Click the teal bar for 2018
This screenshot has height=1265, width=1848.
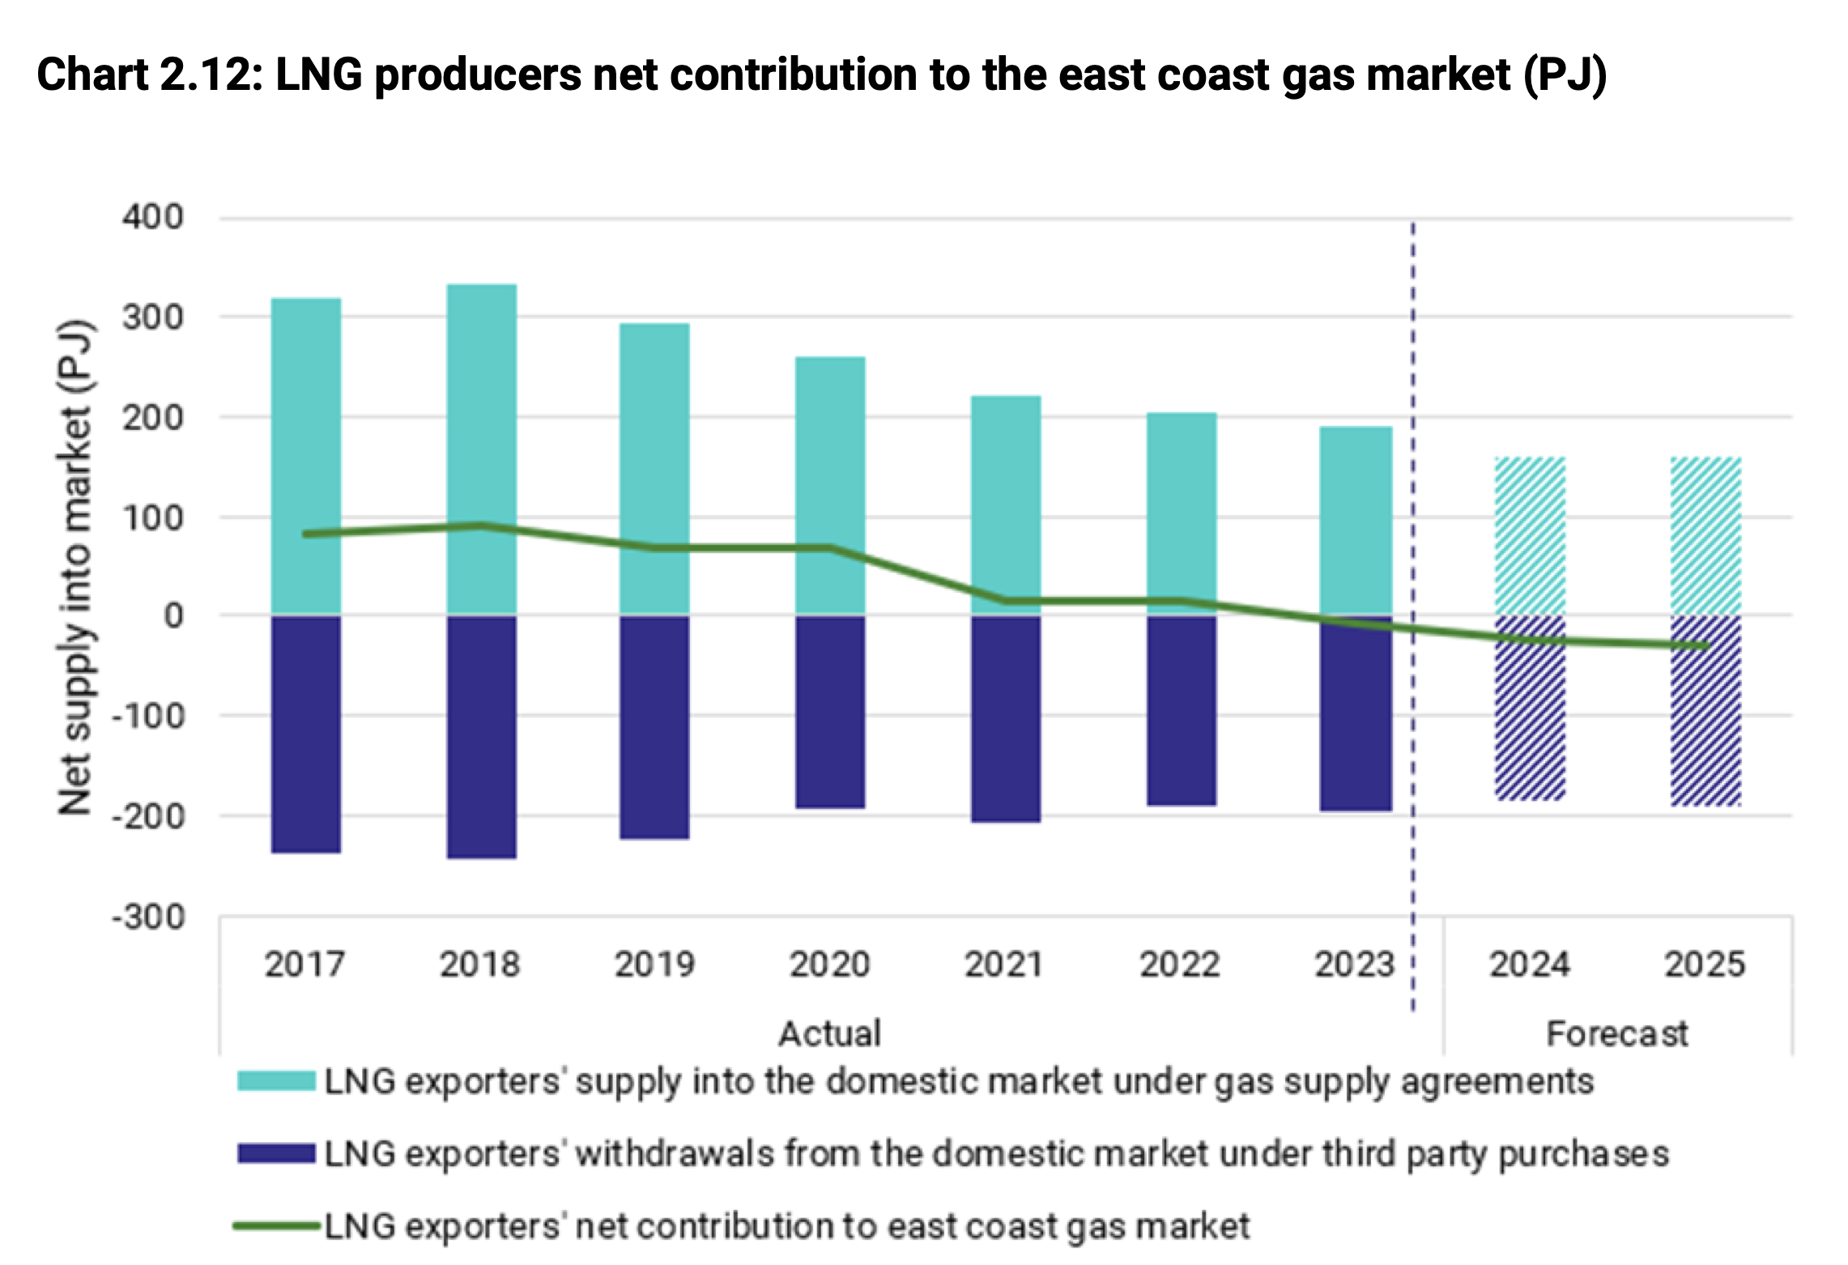[x=481, y=405]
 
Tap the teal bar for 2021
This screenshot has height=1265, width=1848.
[x=1006, y=494]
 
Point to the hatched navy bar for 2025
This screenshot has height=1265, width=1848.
[x=1705, y=729]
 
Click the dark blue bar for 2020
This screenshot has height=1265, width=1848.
[x=830, y=712]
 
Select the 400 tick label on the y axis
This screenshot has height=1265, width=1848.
[x=153, y=217]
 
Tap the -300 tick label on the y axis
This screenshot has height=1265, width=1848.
[x=149, y=918]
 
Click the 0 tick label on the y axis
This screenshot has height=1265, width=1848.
[x=173, y=616]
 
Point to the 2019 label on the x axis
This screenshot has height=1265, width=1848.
[x=654, y=965]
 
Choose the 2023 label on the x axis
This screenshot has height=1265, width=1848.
[x=1354, y=965]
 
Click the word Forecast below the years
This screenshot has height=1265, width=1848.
[x=1616, y=1034]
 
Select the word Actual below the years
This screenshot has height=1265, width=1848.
[x=829, y=1034]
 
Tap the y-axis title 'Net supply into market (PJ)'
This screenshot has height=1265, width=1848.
[x=75, y=567]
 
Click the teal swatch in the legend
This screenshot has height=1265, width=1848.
[x=276, y=1081]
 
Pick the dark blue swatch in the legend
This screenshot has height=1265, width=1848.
[x=276, y=1153]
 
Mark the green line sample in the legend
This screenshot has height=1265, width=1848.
[x=276, y=1226]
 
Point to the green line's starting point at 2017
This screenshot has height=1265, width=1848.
[x=305, y=535]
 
